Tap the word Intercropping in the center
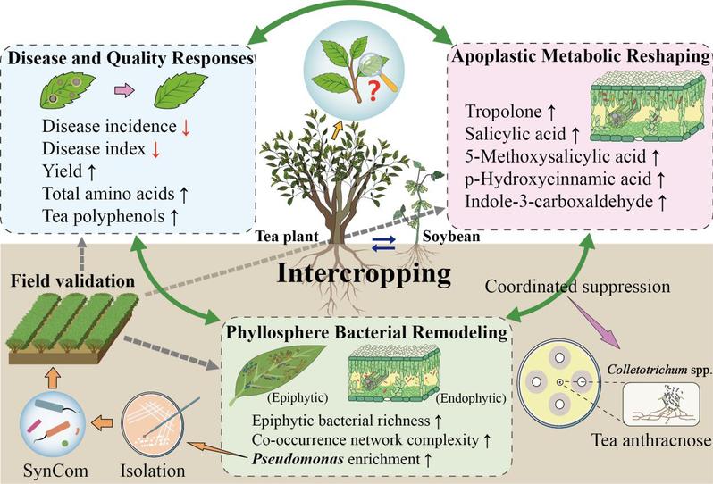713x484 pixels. coord(364,273)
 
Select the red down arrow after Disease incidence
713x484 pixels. coord(186,127)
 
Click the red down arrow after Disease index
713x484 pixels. coord(155,149)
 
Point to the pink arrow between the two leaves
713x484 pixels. coord(124,90)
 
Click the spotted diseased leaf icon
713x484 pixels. coord(67,90)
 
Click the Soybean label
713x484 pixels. coord(451,237)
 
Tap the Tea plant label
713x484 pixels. coord(287,237)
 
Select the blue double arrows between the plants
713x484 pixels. coord(383,244)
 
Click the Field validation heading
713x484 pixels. coord(72,281)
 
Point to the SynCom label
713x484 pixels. coord(55,471)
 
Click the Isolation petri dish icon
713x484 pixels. coord(153,424)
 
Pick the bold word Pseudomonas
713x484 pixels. coord(298,459)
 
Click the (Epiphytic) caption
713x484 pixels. coord(298,397)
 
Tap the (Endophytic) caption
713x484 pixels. coord(471,398)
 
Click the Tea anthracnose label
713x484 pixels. coord(651,440)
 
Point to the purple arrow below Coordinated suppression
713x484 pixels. coord(593,322)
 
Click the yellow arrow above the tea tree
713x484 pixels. coord(336,129)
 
